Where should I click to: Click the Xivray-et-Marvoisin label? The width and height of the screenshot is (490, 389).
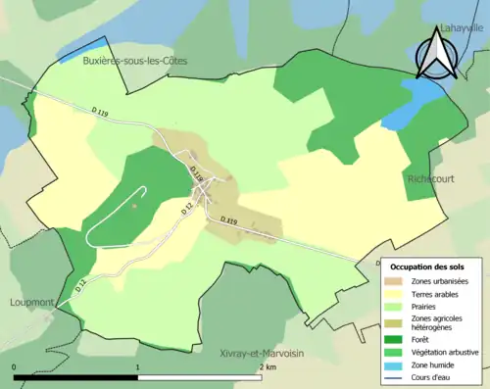[x=260, y=349]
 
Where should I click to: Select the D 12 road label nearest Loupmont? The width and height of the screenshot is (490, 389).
[x=81, y=285]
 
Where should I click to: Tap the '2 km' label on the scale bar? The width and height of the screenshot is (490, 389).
[x=267, y=366]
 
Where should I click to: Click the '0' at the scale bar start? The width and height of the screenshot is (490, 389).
[x=14, y=366]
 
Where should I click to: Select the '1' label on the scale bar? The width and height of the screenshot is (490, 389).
[x=137, y=366]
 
